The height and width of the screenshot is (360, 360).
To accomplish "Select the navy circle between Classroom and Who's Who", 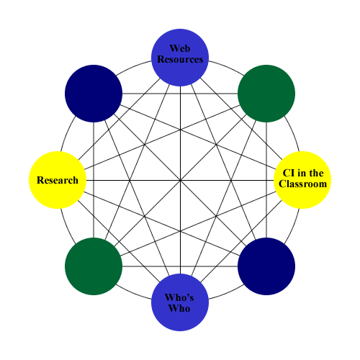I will (x=266, y=266).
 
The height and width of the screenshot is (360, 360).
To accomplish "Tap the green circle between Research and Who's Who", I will (x=94, y=266).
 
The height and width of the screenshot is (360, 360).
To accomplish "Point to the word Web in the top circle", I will (x=180, y=49).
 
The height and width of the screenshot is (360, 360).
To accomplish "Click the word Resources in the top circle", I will (x=180, y=60).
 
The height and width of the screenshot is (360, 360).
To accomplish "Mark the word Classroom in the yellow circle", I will (x=303, y=184).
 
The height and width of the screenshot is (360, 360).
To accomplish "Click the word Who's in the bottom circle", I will (x=180, y=297).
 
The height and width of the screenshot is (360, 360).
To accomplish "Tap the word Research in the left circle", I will (x=58, y=180).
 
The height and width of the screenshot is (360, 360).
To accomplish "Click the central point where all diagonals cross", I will (x=180, y=180).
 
